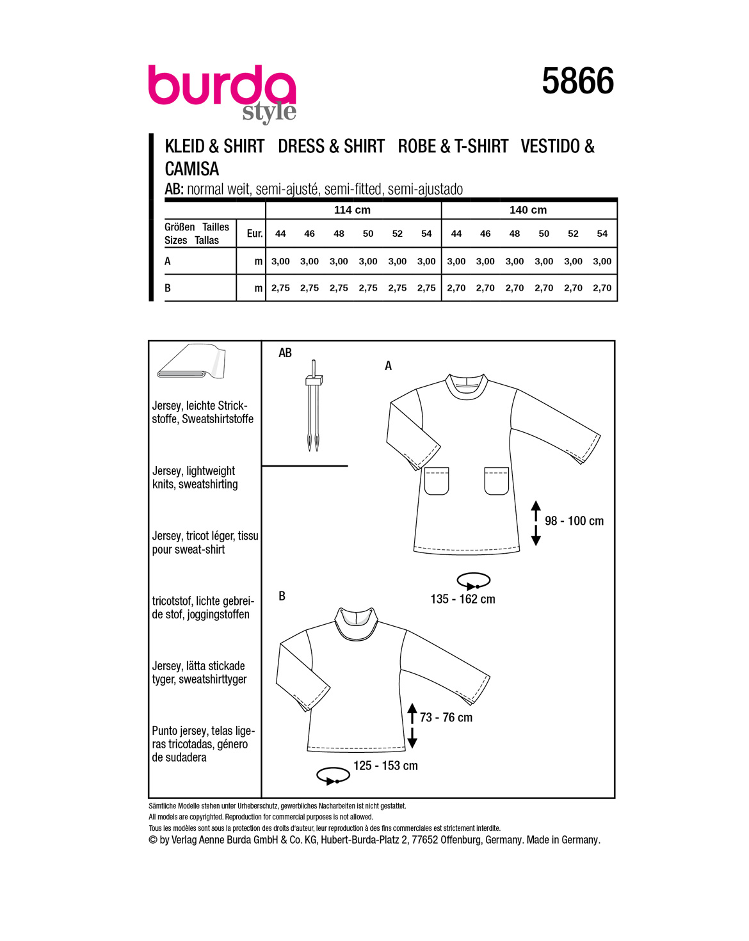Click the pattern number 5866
[577, 81]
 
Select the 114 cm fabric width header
[352, 210]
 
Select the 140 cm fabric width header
[528, 210]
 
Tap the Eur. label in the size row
[255, 234]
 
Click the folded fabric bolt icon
[191, 362]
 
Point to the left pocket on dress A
[437, 481]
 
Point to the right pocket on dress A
[496, 481]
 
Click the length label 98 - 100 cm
[574, 521]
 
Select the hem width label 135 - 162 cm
[463, 599]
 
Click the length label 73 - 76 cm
[446, 718]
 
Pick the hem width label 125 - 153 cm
[385, 766]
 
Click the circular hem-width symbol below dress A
[473, 581]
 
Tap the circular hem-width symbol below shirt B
[333, 776]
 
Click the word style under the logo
[270, 113]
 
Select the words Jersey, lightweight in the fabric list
[193, 471]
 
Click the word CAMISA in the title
[192, 169]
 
